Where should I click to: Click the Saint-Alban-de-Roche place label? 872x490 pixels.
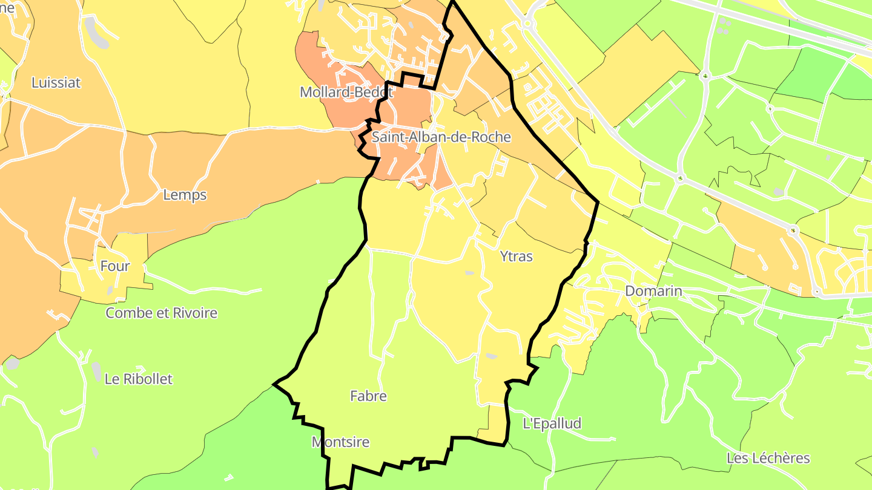(441, 137)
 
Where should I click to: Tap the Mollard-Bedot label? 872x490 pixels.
(346, 93)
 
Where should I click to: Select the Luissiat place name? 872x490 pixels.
(56, 83)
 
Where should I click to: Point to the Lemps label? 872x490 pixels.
(185, 195)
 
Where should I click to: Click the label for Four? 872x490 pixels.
(114, 266)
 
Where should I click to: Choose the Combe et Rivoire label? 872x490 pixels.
(161, 313)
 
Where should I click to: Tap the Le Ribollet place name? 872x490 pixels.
(138, 379)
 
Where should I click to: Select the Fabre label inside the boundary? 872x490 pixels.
(368, 396)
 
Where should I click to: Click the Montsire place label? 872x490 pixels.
(340, 442)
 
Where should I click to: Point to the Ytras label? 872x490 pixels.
(517, 256)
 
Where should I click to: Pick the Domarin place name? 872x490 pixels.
(653, 291)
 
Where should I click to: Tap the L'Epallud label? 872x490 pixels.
(552, 423)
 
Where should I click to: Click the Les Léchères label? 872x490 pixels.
(768, 458)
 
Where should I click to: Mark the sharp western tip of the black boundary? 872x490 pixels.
(274, 384)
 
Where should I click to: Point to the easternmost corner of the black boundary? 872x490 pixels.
(598, 202)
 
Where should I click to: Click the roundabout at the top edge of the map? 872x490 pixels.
(528, 24)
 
